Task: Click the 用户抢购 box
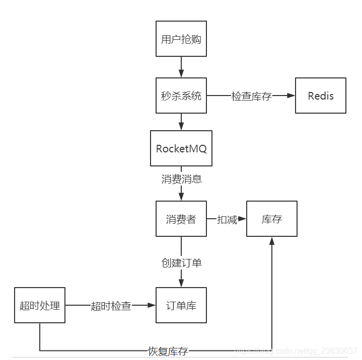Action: pos(181,39)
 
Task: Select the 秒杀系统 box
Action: pos(181,96)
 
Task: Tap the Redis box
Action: pos(321,96)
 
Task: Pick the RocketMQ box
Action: pos(181,148)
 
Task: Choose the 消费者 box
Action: pos(181,219)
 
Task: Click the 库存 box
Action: pos(272,219)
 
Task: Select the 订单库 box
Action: pos(181,305)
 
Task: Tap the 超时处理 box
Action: pos(40,305)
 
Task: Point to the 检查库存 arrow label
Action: pos(251,96)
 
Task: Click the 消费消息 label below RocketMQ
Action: pos(181,179)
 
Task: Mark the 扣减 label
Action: pos(227,220)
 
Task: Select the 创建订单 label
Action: pos(181,262)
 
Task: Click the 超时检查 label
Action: pos(111,306)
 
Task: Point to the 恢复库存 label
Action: pos(168,351)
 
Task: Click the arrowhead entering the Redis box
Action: pos(291,96)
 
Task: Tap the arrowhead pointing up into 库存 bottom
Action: pos(272,241)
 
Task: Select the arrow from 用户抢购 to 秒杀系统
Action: pos(181,67)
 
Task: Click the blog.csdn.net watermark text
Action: pos(297,349)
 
